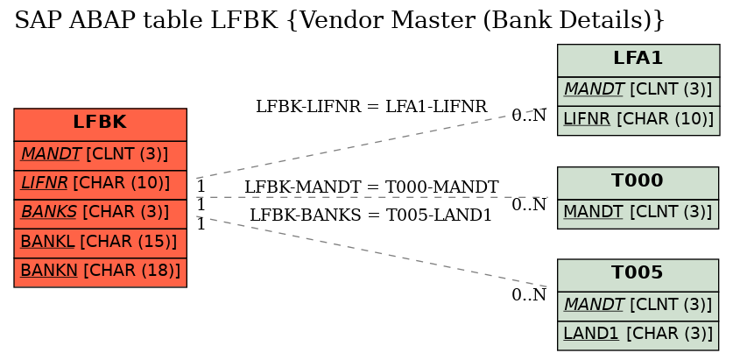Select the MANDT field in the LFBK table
(x=100, y=155)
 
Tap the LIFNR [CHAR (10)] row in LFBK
(x=100, y=185)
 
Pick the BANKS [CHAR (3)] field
(x=100, y=214)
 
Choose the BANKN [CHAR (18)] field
(x=100, y=272)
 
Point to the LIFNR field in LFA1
(x=638, y=121)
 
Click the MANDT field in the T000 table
(x=638, y=214)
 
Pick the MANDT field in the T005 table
(x=638, y=306)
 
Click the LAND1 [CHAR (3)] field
(x=638, y=335)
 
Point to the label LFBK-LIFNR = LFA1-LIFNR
(x=371, y=107)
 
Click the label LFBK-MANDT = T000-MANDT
(x=371, y=187)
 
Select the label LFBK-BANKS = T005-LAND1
(x=370, y=215)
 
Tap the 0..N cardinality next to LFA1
(x=529, y=115)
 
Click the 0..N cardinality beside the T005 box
(x=529, y=294)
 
